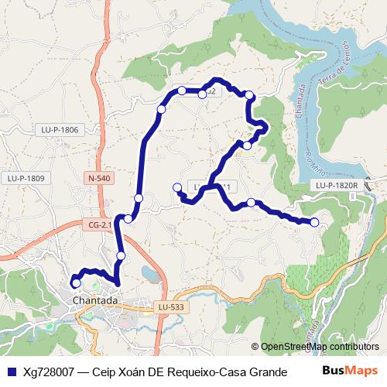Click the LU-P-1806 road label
[x=61, y=130]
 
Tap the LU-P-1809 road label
[x=26, y=178]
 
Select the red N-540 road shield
[x=101, y=178]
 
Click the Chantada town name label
[x=94, y=300]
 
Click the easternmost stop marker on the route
[x=314, y=223]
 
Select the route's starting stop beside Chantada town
[x=76, y=283]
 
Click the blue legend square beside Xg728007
[x=11, y=371]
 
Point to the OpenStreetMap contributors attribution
[x=319, y=347]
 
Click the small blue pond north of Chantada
[x=149, y=272]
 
